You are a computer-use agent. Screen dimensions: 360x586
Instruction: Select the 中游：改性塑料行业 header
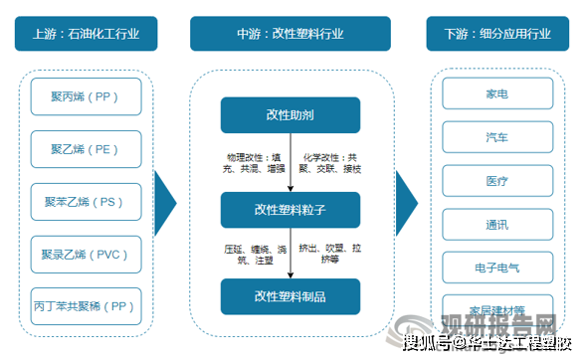tap(290, 34)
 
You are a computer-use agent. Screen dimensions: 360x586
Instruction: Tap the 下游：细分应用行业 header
tap(496, 34)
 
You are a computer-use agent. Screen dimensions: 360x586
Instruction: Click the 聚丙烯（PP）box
tap(86, 96)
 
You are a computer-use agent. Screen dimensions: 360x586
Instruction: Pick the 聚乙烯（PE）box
tap(86, 149)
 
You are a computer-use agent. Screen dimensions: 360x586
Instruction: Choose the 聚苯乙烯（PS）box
tap(86, 202)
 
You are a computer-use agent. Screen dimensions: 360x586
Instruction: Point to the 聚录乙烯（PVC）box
tap(86, 254)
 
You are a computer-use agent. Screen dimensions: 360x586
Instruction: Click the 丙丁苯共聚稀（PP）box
tap(86, 305)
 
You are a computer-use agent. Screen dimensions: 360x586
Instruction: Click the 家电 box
tap(496, 96)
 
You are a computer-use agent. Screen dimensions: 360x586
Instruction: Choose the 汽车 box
tap(496, 138)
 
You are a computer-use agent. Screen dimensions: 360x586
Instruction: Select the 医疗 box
tap(496, 182)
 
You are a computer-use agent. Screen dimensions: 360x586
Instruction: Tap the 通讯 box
tap(496, 225)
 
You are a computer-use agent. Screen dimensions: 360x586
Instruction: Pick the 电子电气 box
tap(496, 268)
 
